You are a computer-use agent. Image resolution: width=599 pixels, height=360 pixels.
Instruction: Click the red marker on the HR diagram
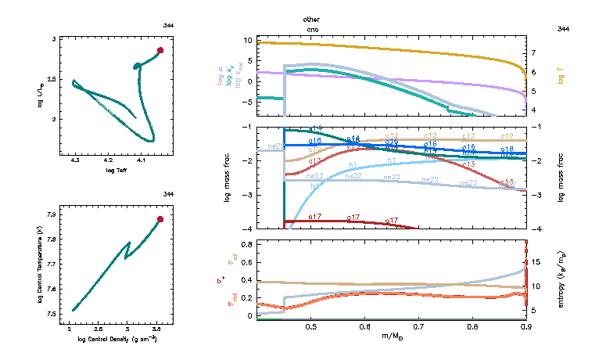coord(160,50)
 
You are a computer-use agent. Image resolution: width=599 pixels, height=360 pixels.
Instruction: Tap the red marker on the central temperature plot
coord(160,219)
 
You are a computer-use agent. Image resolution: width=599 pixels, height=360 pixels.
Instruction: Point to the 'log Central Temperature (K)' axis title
coord(39,262)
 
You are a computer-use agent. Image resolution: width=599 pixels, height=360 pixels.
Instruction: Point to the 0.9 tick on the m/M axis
coord(525,326)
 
